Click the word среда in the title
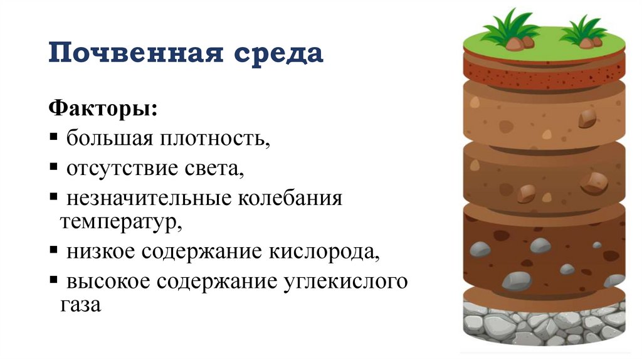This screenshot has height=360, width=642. tap(280, 53)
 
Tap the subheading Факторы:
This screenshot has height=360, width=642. tap(103, 108)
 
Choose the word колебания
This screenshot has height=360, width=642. tap(290, 199)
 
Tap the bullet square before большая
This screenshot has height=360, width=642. tap(55, 137)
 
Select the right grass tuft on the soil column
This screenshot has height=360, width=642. tap(584, 33)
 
